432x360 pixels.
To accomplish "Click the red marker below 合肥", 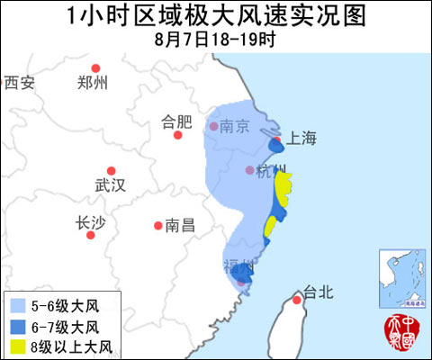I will (178, 135).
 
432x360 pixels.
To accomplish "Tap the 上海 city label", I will (301, 138).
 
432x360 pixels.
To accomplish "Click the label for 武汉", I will (111, 185).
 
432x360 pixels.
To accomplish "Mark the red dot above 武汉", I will (112, 170).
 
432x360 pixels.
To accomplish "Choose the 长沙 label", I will (92, 224).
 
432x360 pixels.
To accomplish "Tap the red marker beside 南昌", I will (157, 225).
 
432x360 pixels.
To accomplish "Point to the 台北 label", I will (319, 291).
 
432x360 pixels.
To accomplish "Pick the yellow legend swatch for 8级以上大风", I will (16, 345).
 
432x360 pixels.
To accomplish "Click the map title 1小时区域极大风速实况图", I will (216, 16).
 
